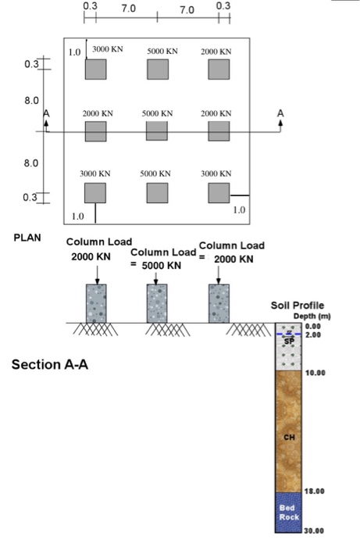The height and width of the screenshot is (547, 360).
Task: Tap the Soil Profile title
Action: point(297,305)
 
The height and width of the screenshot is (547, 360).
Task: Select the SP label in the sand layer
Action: point(288,341)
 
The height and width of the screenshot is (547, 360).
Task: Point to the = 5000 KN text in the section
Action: point(156,266)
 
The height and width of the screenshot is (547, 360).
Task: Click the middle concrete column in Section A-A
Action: point(157,303)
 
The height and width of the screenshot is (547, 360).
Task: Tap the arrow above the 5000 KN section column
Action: point(156,277)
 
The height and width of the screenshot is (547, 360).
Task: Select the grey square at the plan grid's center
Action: point(157,131)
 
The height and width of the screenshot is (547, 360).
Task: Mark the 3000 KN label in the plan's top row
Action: point(107,49)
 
